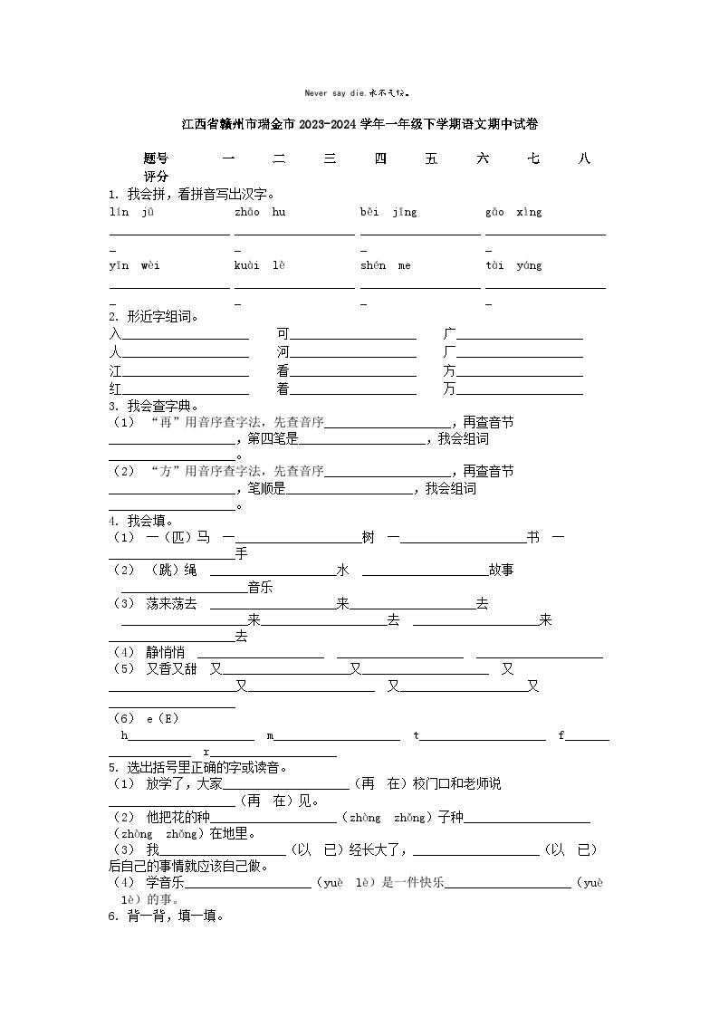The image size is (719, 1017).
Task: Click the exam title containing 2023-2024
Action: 359,124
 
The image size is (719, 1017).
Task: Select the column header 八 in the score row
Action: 584,158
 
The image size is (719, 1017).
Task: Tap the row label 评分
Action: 156,177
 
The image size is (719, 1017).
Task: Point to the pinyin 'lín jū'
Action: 131,213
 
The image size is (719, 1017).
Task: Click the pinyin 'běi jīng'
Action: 388,213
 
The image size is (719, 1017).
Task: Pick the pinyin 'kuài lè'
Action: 260,265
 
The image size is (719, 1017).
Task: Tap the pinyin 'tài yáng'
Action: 513,265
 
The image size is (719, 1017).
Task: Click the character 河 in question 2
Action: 283,351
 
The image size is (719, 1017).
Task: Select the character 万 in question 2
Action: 449,389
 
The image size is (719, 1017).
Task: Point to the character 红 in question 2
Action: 115,389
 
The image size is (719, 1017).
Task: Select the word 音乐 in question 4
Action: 260,587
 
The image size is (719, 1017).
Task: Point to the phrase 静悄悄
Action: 165,652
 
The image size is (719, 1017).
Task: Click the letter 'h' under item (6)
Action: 124,735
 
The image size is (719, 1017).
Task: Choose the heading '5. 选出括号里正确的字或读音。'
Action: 198,767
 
